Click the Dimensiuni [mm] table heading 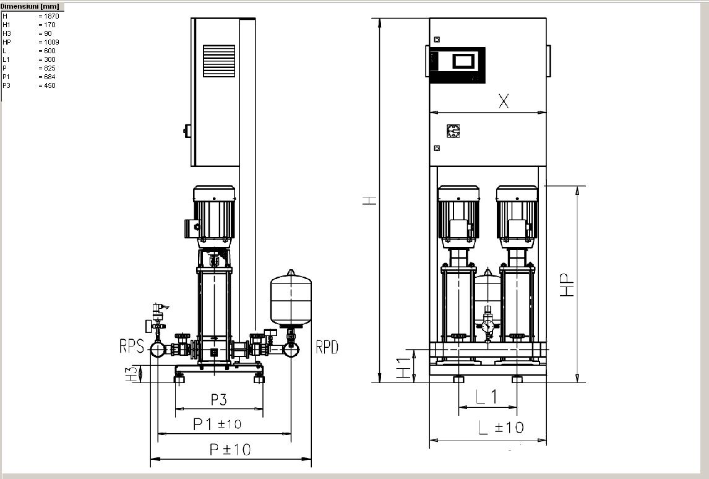coord(30,6)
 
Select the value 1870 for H coord(51,16)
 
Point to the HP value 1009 coord(51,42)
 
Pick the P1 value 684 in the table coord(49,77)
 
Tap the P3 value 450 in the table coord(49,85)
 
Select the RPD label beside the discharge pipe coord(327,347)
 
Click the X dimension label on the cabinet coord(503,101)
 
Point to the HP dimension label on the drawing coord(567,285)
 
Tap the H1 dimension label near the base coord(404,368)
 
